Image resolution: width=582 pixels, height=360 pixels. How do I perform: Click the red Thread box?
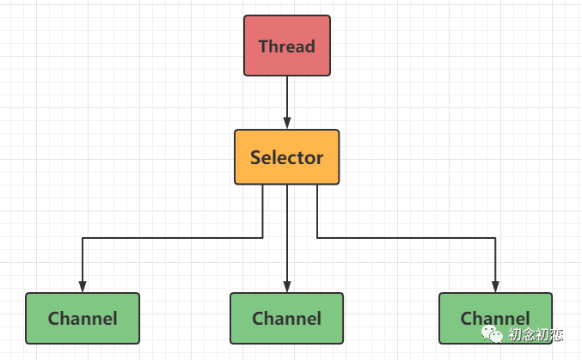[287, 46]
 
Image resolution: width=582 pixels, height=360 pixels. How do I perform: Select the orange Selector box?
[287, 157]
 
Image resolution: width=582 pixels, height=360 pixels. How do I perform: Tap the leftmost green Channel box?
[83, 318]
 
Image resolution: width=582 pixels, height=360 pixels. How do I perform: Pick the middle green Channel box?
[286, 318]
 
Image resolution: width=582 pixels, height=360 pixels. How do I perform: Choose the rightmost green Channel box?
[495, 318]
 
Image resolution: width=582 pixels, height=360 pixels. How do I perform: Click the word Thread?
[287, 46]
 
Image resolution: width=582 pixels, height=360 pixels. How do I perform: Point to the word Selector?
[287, 157]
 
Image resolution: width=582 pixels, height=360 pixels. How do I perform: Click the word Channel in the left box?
[83, 319]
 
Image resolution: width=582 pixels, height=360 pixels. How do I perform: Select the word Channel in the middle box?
[286, 319]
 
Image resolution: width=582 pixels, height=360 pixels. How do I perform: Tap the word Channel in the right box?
[495, 319]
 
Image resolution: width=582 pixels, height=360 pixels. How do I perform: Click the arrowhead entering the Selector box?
[287, 123]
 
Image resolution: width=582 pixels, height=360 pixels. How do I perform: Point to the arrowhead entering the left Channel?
[83, 286]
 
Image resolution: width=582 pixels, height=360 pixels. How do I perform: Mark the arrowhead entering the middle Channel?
[287, 286]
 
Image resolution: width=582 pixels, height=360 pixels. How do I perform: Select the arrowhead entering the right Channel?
[495, 286]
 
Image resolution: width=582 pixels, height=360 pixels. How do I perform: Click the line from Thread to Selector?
[287, 102]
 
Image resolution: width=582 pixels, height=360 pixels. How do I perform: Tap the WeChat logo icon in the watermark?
[492, 334]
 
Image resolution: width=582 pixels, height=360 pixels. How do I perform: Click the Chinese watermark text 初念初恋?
[536, 335]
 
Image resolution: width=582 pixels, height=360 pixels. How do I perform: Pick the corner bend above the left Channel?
[83, 238]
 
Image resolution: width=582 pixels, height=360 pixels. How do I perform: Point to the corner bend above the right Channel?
[495, 238]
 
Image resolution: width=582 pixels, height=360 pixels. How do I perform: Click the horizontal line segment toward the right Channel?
[406, 238]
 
